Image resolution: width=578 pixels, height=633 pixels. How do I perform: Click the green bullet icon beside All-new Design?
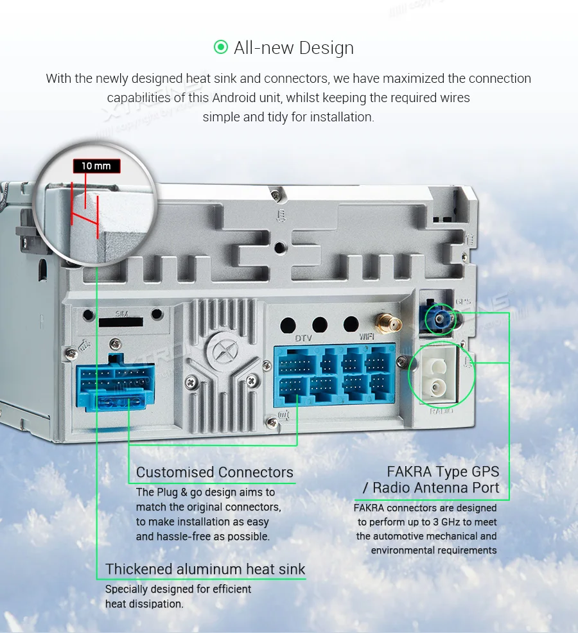click(220, 48)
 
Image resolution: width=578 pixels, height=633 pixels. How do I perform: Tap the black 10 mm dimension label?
click(96, 166)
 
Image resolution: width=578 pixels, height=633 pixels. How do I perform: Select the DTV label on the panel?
click(303, 338)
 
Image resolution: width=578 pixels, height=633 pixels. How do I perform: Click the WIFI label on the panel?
click(366, 336)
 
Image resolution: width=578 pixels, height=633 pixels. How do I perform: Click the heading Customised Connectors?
click(215, 473)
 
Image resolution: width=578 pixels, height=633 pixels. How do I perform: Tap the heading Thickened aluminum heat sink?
click(206, 569)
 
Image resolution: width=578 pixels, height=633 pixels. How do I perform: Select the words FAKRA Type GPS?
click(442, 472)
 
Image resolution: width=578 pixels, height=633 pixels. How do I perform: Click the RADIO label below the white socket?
click(441, 410)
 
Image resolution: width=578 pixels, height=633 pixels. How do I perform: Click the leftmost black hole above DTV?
click(288, 324)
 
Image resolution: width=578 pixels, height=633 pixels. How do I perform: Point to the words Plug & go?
click(180, 492)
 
